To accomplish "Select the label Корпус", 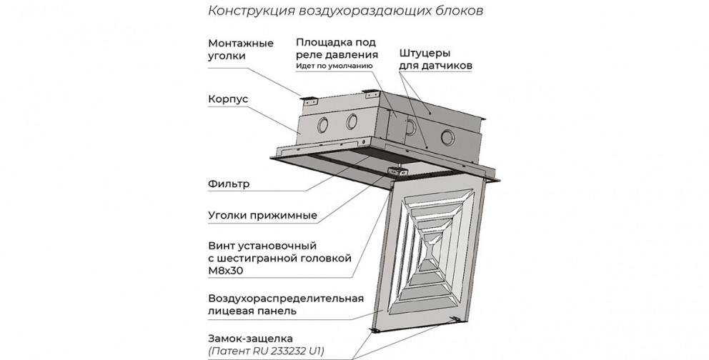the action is pyautogui.click(x=228, y=99).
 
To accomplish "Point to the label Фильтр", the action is pyautogui.click(x=229, y=184).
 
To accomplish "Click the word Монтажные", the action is pyautogui.click(x=241, y=44).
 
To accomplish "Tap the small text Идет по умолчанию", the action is pyautogui.click(x=334, y=66).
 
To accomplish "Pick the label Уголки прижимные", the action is pyautogui.click(x=263, y=216).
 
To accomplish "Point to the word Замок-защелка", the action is pyautogui.click(x=250, y=339).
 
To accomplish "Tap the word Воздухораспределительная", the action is pyautogui.click(x=286, y=299).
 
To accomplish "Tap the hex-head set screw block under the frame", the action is pyautogui.click(x=396, y=171).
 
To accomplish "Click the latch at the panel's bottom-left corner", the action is pyautogui.click(x=375, y=331).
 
